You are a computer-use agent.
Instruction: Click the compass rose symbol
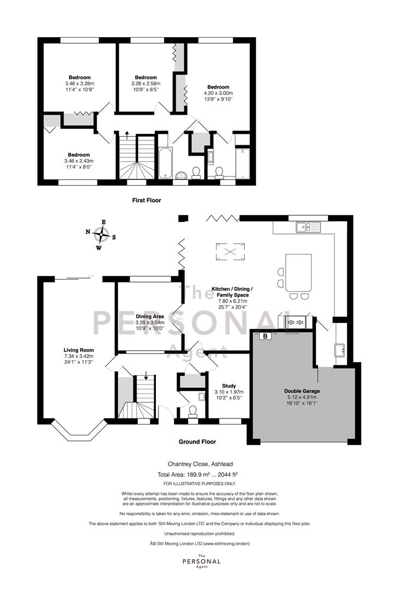click(101, 235)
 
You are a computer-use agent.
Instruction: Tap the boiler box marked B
click(266, 336)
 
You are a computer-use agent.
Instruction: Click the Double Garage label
click(302, 391)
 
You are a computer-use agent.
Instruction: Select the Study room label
click(229, 386)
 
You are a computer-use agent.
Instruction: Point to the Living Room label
click(79, 350)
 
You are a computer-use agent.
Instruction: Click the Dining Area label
click(150, 316)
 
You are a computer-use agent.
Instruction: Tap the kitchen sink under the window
click(308, 227)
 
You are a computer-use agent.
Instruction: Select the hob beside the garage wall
click(295, 322)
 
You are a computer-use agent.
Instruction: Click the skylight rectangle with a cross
click(230, 252)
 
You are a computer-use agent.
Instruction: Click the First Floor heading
click(147, 200)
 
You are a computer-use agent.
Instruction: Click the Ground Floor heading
click(197, 441)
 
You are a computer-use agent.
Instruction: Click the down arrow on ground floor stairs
click(146, 377)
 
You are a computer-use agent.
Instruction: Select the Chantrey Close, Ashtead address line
click(198, 464)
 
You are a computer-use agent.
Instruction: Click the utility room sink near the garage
click(340, 350)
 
